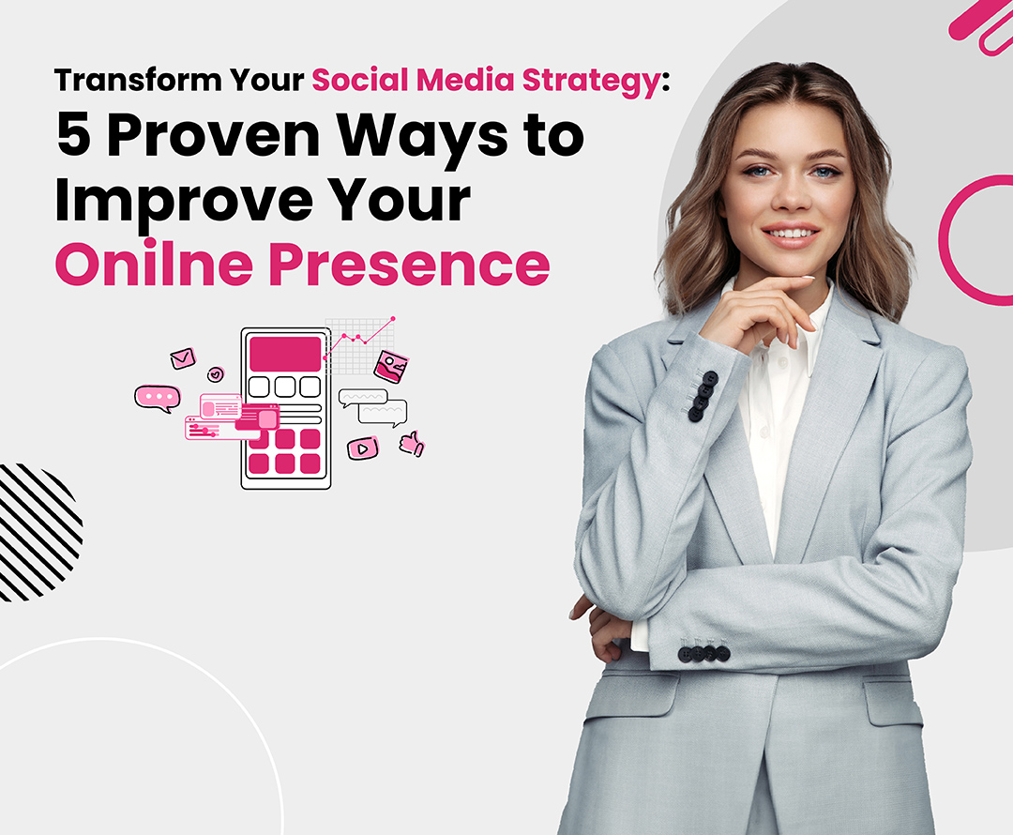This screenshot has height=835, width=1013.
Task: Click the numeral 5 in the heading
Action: click(75, 138)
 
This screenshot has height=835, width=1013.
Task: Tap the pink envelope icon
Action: click(182, 358)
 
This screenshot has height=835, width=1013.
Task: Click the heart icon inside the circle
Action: click(216, 374)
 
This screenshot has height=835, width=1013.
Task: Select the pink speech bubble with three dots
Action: click(157, 398)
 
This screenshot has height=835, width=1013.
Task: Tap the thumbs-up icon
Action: click(411, 444)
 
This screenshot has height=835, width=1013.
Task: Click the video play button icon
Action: click(362, 448)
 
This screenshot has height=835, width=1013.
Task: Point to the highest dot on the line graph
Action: click(392, 319)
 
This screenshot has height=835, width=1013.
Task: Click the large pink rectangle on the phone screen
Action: click(285, 353)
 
